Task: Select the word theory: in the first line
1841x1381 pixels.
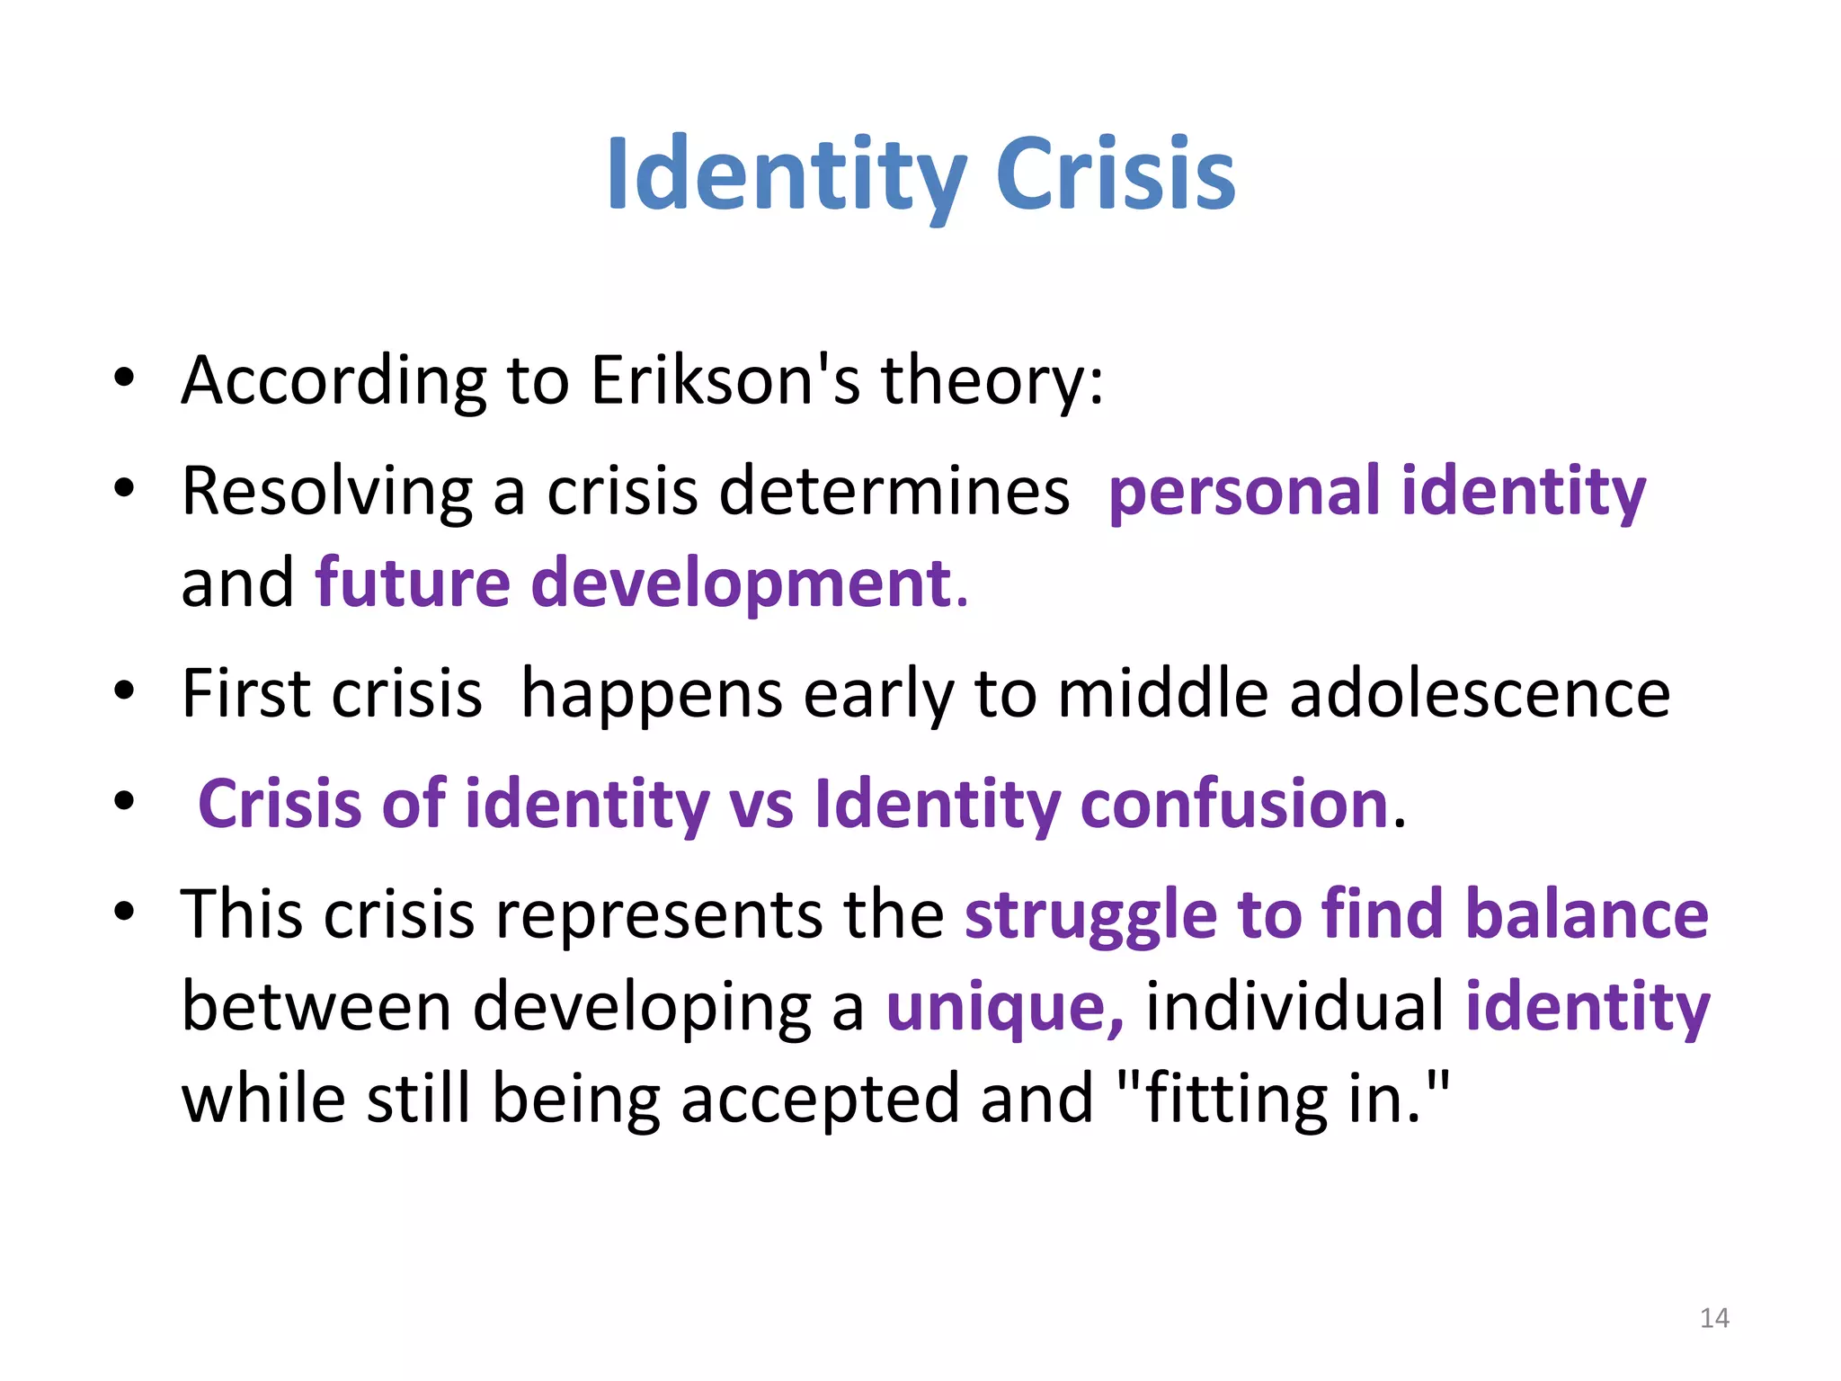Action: point(992,380)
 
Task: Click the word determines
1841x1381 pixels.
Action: point(894,492)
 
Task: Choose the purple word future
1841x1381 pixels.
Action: point(413,584)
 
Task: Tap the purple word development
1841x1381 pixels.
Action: point(742,584)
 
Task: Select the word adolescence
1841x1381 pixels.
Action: point(1480,694)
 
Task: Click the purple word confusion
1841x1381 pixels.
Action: point(1235,803)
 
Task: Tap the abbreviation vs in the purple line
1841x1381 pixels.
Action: point(761,803)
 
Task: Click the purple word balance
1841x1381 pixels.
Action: point(1587,914)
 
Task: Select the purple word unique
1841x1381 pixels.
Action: point(1003,1007)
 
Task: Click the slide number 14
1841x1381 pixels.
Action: point(1714,1318)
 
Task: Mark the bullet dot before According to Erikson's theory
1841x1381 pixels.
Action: point(124,378)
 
